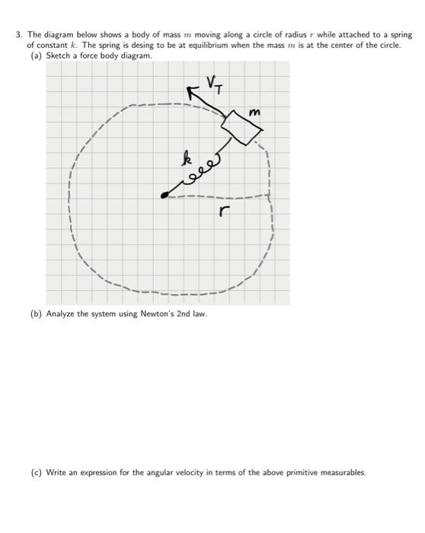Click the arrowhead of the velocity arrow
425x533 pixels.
[193, 92]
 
